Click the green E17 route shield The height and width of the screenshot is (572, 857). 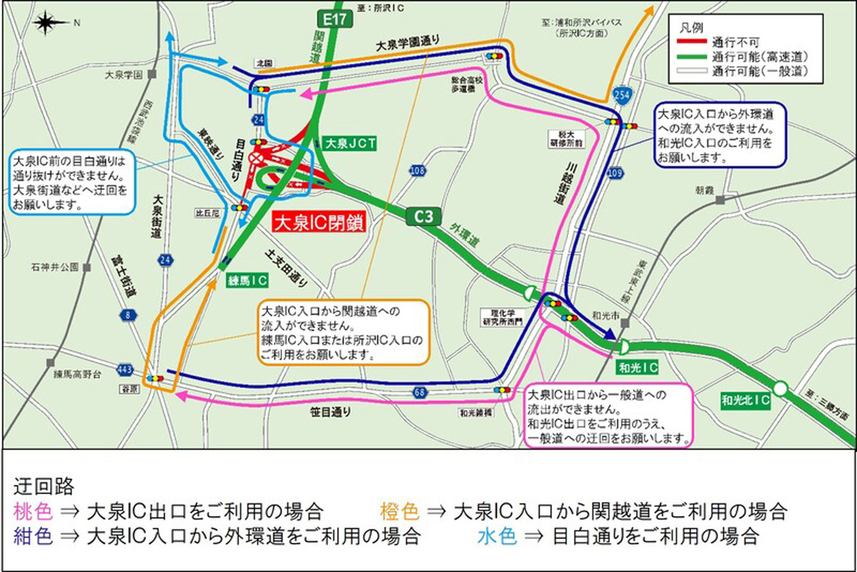pos(335,20)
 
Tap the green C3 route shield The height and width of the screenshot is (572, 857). pos(423,216)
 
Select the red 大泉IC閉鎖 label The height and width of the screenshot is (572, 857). pos(319,222)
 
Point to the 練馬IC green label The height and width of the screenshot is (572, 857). pos(247,280)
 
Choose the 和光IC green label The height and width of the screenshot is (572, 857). pos(638,368)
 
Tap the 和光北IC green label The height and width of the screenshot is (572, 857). pos(746,400)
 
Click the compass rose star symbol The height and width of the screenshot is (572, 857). pos(46,23)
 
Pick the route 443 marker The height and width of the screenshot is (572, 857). pos(125,369)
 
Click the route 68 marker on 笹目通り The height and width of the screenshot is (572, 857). pos(420,393)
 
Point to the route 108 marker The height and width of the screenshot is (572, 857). pos(417,170)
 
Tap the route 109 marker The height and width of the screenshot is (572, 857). pos(615,173)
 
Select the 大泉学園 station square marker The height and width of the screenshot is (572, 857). pos(152,74)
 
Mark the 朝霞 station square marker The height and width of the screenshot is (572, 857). pos(720,200)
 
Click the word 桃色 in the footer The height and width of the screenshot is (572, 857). pos(33,511)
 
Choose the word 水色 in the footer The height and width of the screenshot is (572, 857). pos(497,536)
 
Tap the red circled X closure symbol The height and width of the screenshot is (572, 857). pos(256,158)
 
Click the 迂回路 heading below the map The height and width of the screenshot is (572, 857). pos(44,486)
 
